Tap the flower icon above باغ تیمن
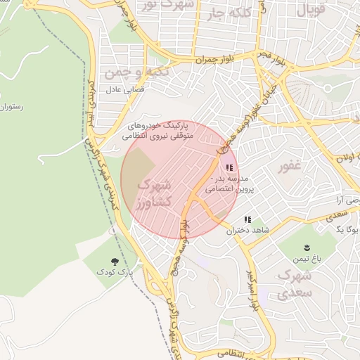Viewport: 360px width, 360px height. (307, 247)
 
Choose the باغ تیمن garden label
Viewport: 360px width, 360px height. (307, 259)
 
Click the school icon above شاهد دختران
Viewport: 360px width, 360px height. (247, 219)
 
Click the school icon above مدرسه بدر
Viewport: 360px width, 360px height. (229, 167)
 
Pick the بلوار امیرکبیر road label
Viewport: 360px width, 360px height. (251, 290)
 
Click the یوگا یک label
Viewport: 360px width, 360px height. (349, 230)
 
